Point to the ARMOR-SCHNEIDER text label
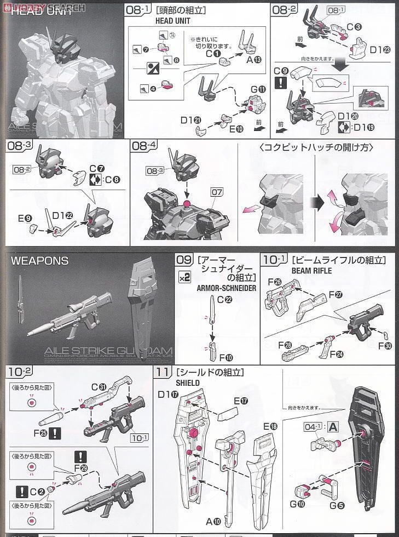226,288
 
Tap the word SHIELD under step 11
172,383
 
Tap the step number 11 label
160,372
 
